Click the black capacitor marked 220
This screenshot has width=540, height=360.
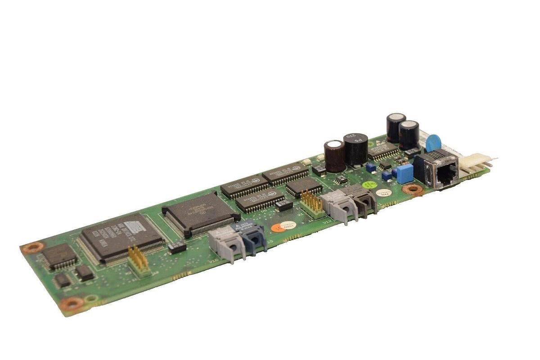click(x=355, y=148)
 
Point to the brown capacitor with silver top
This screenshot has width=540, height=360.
click(x=335, y=155)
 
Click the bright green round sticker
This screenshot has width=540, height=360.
click(x=369, y=185)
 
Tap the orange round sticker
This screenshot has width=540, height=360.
click(x=275, y=228)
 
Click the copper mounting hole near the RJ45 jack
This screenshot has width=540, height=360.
click(x=413, y=189)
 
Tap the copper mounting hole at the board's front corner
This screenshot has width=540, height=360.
click(x=72, y=304)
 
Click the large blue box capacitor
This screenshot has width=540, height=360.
click(x=405, y=173)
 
